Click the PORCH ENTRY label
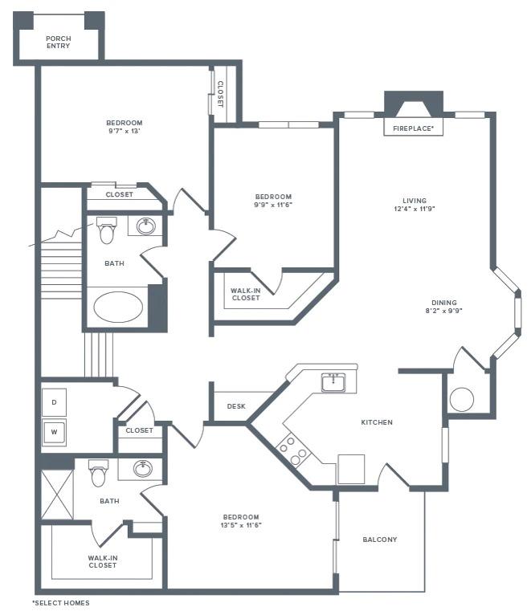pos(58,42)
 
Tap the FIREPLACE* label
pos(414,128)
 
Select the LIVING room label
pos(415,201)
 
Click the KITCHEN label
pos(377,422)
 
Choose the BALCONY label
pos(380,540)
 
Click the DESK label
pos(236,406)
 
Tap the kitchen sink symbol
pos(333,383)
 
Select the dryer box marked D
pos(54,401)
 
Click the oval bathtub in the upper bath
pos(119,307)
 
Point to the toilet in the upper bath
pos(106,230)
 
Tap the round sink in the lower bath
pos(144,468)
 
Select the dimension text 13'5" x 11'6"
pos(241,525)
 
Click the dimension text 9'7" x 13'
pos(125,131)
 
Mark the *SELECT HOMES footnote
pos(61,602)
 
